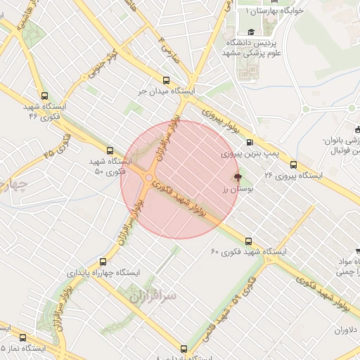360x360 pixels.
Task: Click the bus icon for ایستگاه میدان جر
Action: pos(167,80)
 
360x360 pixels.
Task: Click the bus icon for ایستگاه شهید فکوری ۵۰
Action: pos(109,150)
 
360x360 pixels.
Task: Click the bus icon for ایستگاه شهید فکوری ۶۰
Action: pos(215,250)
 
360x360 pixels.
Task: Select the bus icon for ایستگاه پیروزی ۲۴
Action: pos(293,165)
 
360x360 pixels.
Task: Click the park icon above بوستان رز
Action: pos(237,177)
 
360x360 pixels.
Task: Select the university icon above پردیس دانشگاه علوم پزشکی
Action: pos(251,32)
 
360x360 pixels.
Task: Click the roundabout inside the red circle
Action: pos(148,179)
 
